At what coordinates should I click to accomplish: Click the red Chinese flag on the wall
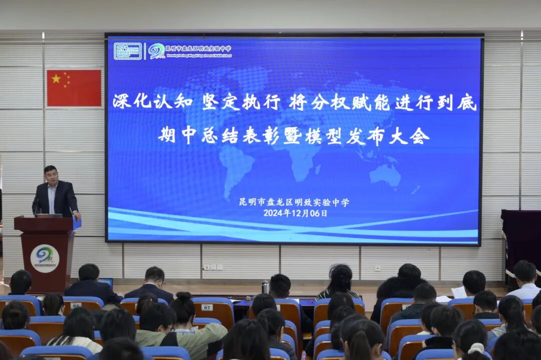point(74,88)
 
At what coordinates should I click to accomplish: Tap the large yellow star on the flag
point(56,79)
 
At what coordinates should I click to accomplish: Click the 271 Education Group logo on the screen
point(128,51)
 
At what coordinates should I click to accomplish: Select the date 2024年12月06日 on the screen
point(295,213)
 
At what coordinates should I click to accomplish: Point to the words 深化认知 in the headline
point(152,101)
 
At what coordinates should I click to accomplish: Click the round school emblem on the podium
point(45,258)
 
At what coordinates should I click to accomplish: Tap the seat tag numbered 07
point(207,307)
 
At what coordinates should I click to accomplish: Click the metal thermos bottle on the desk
point(265,287)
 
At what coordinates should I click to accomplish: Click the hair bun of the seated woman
point(184,297)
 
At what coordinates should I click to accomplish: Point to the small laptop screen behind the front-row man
point(106,282)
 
